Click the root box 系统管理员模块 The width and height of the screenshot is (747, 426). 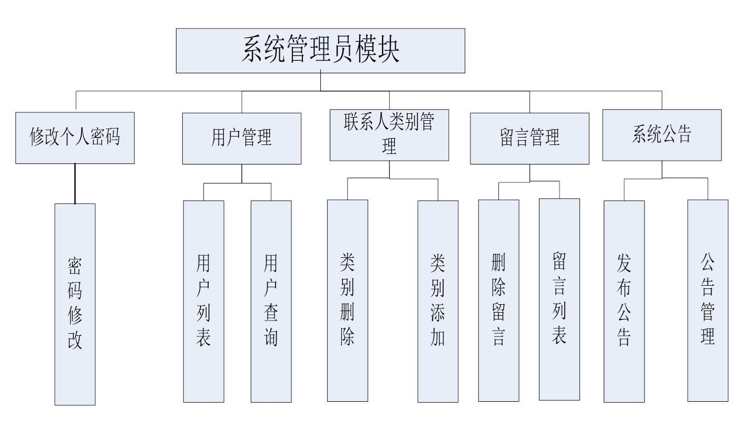320,51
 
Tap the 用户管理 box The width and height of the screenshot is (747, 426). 242,138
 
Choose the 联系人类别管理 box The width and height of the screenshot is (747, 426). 389,135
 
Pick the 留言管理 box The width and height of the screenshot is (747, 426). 529,138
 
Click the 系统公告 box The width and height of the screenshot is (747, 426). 662,135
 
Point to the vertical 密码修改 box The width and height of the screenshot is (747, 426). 75,304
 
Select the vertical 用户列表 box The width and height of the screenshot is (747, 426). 204,301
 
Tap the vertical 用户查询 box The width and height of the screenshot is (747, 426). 271,301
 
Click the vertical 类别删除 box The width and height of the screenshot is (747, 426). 347,301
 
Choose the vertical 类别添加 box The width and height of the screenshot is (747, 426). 438,301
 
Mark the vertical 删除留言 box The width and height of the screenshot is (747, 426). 498,300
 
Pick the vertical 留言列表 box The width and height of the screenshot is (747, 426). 559,299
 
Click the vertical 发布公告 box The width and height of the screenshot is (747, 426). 624,301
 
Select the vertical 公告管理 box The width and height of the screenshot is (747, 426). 707,301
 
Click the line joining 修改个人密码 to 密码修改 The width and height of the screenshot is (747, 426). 75,183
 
